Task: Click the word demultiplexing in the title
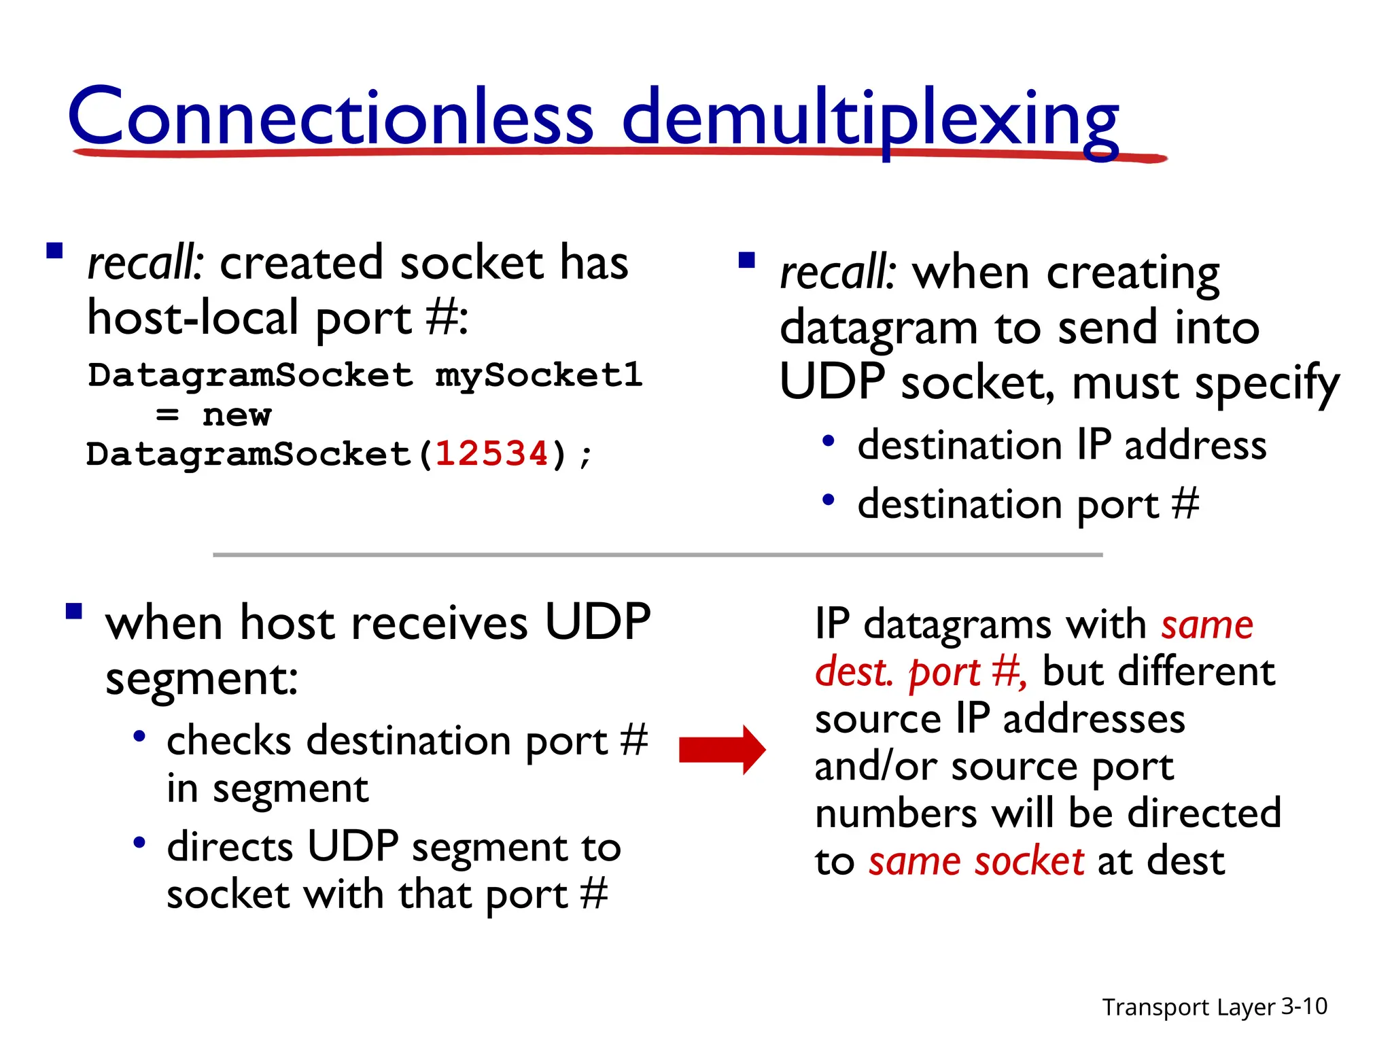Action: (x=870, y=119)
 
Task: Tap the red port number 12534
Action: (x=491, y=453)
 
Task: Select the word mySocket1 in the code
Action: (x=538, y=375)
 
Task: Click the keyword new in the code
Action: (x=237, y=415)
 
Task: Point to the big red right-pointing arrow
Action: (x=722, y=750)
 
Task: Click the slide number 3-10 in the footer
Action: (x=1304, y=1006)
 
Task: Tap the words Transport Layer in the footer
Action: (x=1188, y=1007)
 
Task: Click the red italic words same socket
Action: (x=976, y=861)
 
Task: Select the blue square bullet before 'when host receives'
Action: (x=74, y=611)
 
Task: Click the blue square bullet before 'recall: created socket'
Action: (x=54, y=252)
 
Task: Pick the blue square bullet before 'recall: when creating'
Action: (x=746, y=261)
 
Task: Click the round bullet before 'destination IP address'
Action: (x=828, y=441)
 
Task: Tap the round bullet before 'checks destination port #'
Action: (x=139, y=736)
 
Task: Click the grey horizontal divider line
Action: (x=657, y=555)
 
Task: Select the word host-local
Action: (x=193, y=318)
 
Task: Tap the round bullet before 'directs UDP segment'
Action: (x=139, y=843)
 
